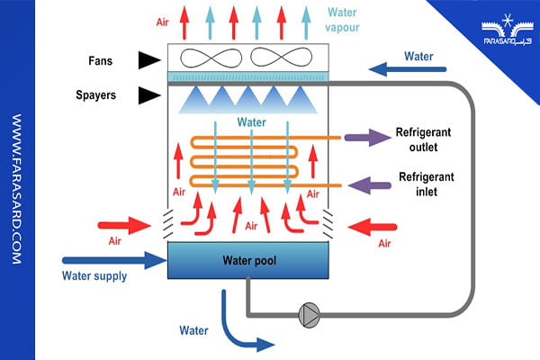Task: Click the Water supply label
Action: click(94, 275)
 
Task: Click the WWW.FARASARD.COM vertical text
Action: click(16, 188)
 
